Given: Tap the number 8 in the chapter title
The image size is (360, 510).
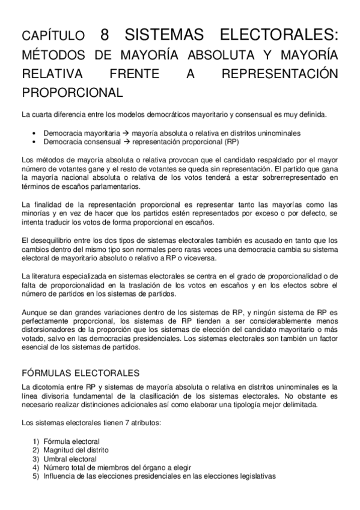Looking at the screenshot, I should click(x=105, y=35).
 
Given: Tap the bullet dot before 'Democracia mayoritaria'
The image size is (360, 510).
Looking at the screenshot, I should click(x=35, y=133).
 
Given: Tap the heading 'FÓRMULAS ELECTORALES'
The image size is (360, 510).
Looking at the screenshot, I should click(x=81, y=373).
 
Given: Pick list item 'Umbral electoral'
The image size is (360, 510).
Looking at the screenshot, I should click(x=69, y=458).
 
